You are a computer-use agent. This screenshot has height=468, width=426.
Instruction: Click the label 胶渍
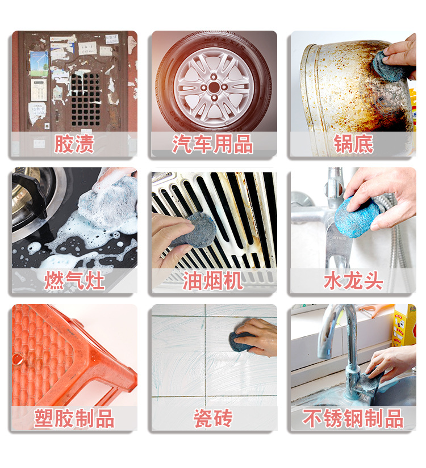click(74, 144)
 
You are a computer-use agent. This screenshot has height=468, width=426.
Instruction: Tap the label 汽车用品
click(213, 144)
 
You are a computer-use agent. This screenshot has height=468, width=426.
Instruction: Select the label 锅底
click(353, 144)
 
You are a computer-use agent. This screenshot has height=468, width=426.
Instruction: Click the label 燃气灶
click(74, 281)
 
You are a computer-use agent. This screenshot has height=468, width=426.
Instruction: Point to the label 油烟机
click(213, 281)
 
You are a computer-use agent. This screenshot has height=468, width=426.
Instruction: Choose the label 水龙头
click(353, 281)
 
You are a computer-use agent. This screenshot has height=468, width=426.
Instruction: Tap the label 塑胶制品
click(74, 419)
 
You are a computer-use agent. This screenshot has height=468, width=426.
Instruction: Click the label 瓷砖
click(213, 419)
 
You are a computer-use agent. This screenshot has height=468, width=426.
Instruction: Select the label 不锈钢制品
click(353, 419)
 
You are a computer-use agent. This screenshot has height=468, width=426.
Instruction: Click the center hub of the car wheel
click(214, 87)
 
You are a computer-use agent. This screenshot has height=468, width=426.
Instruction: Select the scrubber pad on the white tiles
click(243, 340)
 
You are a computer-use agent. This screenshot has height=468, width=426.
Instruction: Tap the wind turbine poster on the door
click(39, 62)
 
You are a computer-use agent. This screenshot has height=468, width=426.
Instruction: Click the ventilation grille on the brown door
click(85, 99)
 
